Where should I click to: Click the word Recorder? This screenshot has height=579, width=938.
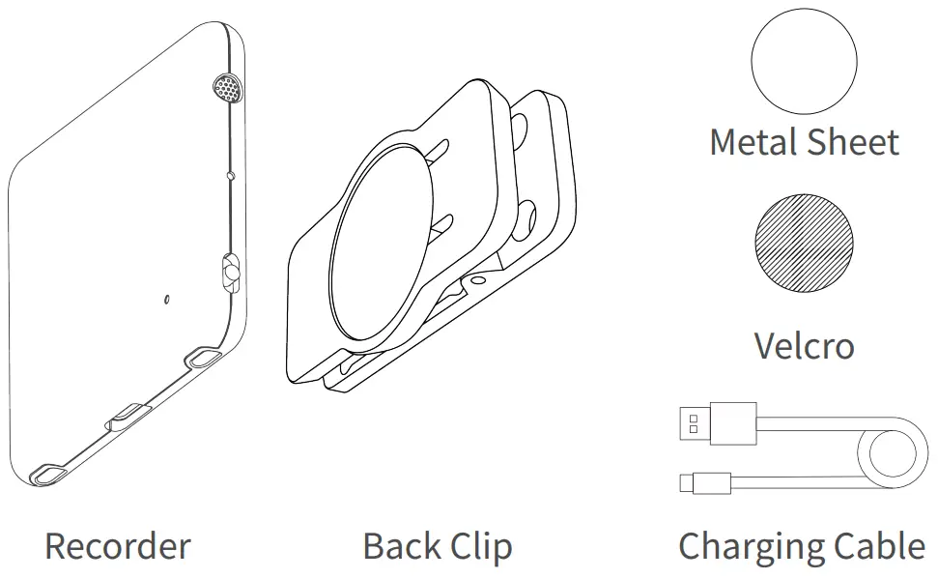click(117, 546)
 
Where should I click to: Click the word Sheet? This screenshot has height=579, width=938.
click(855, 142)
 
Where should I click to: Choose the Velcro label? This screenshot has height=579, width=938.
click(804, 345)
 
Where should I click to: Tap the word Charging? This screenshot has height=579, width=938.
click(753, 546)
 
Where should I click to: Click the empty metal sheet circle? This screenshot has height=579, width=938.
click(804, 62)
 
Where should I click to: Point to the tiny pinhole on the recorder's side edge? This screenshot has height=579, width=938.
click(230, 176)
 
